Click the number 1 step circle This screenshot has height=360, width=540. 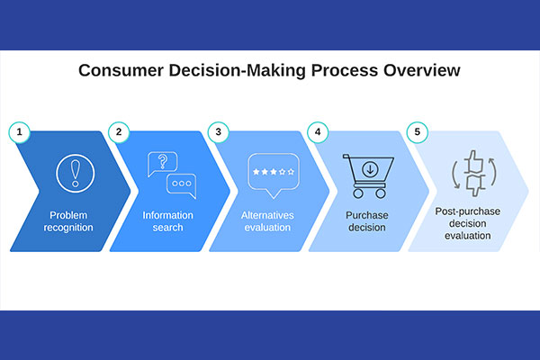point(19,132)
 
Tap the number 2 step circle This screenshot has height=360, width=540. point(119,132)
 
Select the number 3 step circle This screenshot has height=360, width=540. point(219,132)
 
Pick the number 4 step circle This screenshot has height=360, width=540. point(318,132)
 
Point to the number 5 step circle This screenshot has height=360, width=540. point(417,132)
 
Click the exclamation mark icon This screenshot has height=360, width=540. point(75,174)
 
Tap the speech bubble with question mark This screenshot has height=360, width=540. point(163,164)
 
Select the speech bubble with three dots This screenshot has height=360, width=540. point(182,186)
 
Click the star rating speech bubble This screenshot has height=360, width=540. point(274,175)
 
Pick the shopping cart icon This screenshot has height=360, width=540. point(368,176)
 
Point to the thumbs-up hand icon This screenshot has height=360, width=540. point(473,161)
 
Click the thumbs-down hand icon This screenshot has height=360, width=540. point(475,185)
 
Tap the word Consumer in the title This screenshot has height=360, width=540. point(121,70)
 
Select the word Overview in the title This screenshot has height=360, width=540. point(422,70)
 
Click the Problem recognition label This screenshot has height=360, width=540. point(68,221)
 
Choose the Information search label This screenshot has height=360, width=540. point(167,221)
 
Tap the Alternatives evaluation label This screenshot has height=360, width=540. point(267,221)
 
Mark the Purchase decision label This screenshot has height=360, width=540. point(367,221)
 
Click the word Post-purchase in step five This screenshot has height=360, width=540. point(468,211)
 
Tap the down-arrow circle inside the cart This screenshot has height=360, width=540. point(370,169)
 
